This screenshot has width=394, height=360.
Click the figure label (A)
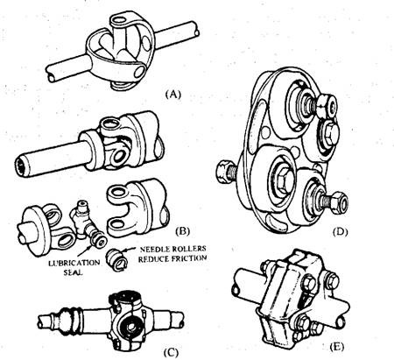click(x=173, y=95)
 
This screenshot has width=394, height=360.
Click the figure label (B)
click(x=183, y=231)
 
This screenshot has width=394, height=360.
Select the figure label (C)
click(x=171, y=353)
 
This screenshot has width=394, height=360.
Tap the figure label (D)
click(x=340, y=232)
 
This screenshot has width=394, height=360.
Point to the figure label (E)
click(x=336, y=347)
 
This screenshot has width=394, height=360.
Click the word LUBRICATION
click(x=74, y=263)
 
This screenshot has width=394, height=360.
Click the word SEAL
click(x=73, y=273)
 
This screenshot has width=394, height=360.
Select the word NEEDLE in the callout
click(x=155, y=250)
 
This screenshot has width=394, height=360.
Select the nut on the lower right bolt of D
click(x=340, y=201)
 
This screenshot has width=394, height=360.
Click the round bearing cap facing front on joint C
click(x=130, y=325)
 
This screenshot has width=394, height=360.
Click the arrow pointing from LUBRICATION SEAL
click(x=88, y=252)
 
